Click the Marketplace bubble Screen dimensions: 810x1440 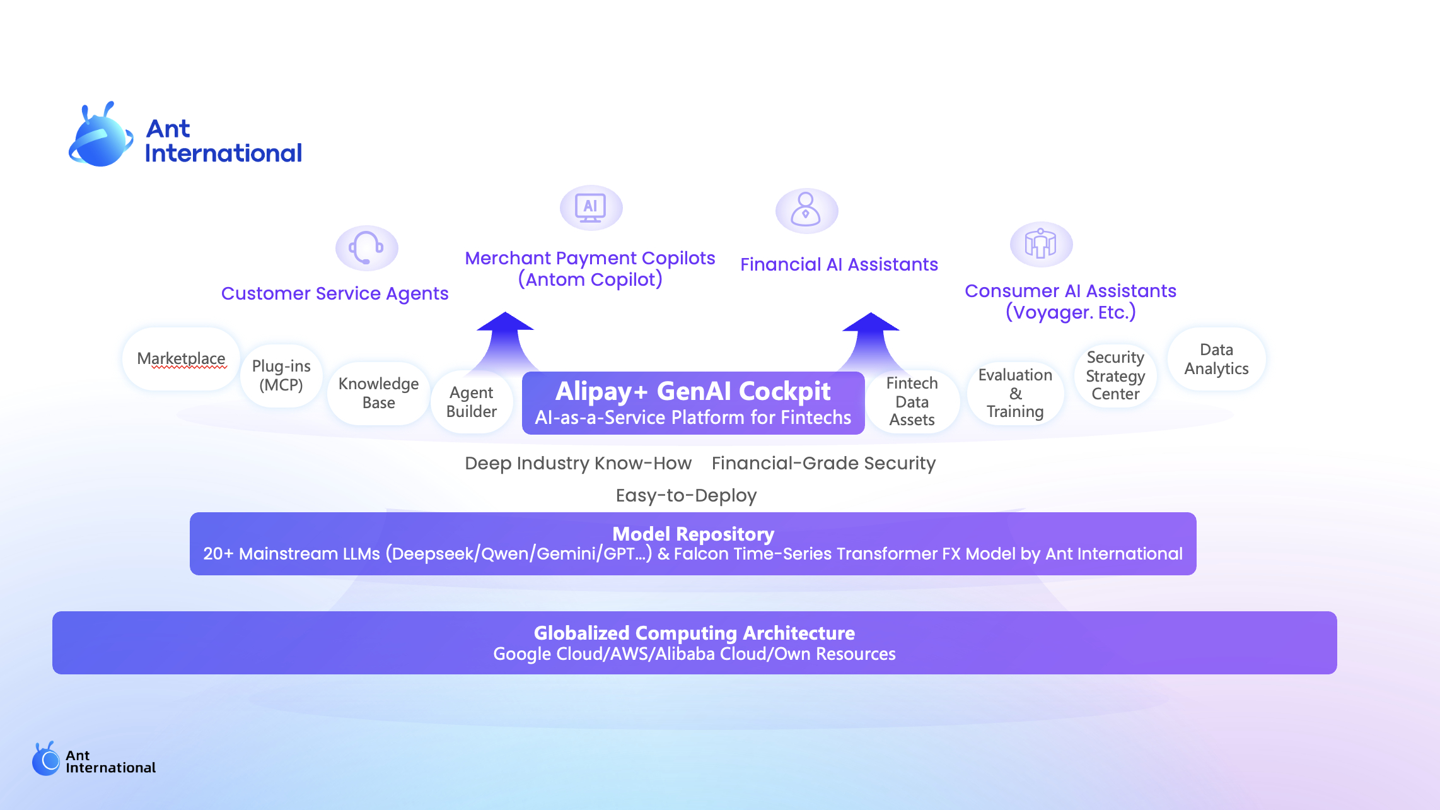point(181,359)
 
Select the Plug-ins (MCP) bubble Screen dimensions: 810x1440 point(281,376)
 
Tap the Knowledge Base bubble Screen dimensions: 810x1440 point(378,393)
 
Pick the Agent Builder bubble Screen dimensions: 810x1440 point(472,402)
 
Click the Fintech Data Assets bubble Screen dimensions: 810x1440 point(912,401)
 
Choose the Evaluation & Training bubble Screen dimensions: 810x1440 point(1015,393)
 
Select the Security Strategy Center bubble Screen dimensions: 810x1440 point(1115,375)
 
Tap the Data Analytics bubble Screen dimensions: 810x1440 point(1216,359)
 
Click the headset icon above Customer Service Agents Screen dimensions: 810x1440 point(366,248)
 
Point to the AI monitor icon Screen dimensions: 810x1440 point(591,208)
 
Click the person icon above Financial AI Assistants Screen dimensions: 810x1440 point(806,210)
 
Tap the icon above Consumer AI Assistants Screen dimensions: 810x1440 point(1040,244)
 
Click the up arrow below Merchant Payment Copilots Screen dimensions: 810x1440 point(505,337)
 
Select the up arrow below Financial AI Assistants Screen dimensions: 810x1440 point(871,337)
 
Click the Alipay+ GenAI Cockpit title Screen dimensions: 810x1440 point(693,391)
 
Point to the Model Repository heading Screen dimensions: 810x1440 point(693,534)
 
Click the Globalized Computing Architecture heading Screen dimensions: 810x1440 point(694,633)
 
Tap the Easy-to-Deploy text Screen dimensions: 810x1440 point(686,496)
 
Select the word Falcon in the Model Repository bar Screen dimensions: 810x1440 point(698,554)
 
